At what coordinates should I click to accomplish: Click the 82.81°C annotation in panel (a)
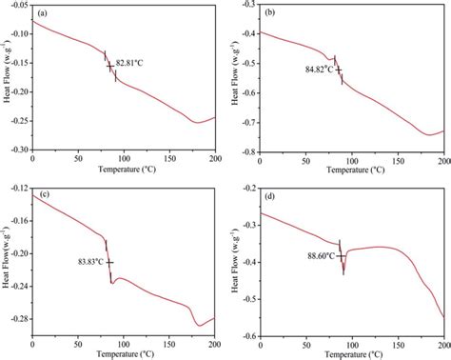(132, 65)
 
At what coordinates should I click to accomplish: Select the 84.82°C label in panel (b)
(318, 69)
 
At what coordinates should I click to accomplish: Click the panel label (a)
(44, 13)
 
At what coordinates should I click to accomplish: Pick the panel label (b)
(270, 13)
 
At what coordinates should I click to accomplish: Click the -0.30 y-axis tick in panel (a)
(18, 150)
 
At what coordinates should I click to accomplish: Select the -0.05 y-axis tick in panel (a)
(18, 5)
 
